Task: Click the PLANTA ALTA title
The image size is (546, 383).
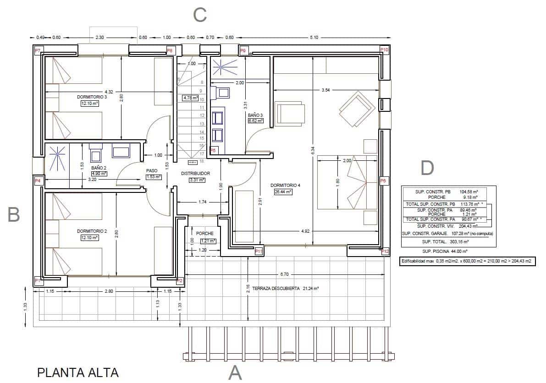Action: coord(77,372)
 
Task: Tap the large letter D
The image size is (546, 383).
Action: coord(427,169)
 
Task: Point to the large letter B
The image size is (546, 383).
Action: coord(14,215)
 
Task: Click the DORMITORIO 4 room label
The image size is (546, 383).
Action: coord(285,186)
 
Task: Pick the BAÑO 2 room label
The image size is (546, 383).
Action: coord(99,167)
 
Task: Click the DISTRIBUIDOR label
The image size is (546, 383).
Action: coord(195,174)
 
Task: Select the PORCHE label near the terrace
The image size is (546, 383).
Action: coord(204,234)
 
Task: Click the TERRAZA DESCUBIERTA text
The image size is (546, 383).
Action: coord(272,289)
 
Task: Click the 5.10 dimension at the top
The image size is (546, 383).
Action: coord(314,38)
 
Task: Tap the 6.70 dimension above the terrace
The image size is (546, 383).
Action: coord(284,274)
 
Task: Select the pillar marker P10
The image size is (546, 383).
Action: coord(384,49)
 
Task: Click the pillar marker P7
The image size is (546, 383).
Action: coord(38,49)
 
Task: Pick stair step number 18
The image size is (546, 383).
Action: coord(201,161)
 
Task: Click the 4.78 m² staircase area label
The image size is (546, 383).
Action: coord(190,98)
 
